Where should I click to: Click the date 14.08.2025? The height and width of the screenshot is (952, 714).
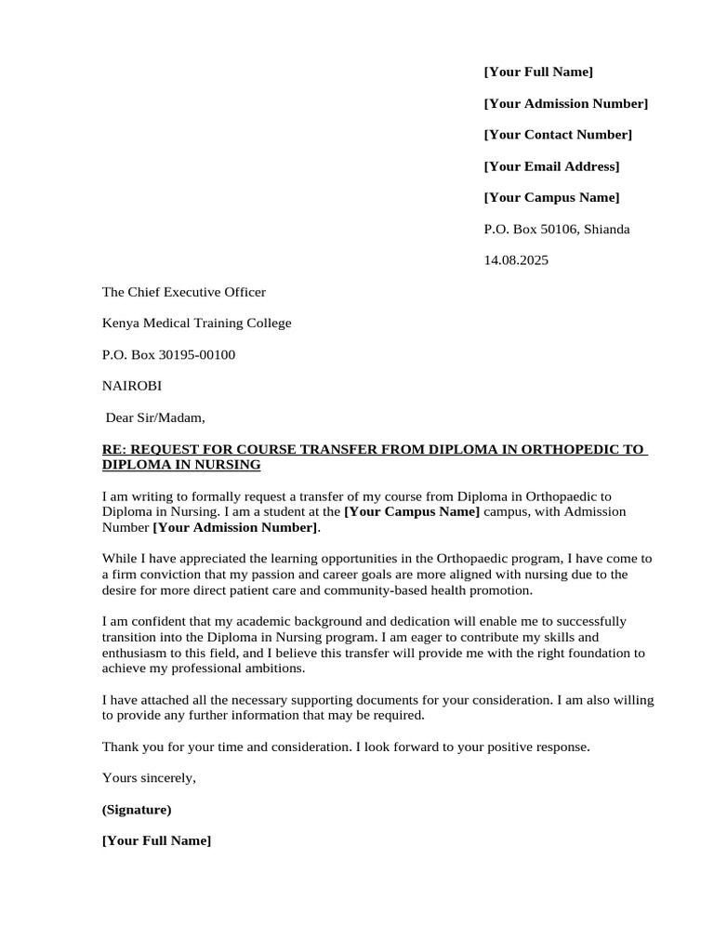(x=516, y=260)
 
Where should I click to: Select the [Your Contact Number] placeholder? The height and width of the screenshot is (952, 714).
(x=558, y=135)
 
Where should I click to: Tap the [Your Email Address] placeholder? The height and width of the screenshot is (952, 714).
(x=551, y=166)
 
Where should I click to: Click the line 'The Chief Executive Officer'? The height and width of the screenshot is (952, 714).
(x=183, y=292)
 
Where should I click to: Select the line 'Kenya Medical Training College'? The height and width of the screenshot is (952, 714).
(x=196, y=324)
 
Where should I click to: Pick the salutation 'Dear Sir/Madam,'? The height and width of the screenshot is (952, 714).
(x=155, y=417)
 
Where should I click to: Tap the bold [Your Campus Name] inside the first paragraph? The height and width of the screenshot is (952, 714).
(x=412, y=511)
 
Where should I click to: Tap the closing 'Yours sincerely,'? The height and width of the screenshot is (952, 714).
(x=149, y=777)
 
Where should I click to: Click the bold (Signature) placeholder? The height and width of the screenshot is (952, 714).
(x=137, y=810)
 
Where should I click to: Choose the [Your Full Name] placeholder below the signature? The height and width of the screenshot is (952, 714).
(x=156, y=841)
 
